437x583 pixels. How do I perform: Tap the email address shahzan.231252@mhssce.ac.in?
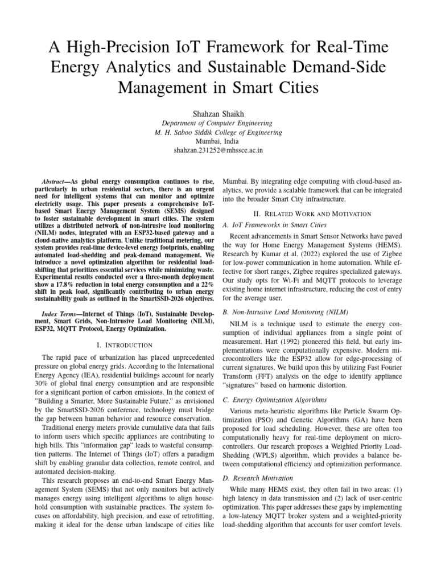(218, 151)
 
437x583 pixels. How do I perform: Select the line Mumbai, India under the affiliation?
(218, 141)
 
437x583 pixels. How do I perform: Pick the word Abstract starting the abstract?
(55, 178)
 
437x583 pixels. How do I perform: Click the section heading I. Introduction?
(124, 344)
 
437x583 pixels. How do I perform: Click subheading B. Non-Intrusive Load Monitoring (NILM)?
(285, 312)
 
